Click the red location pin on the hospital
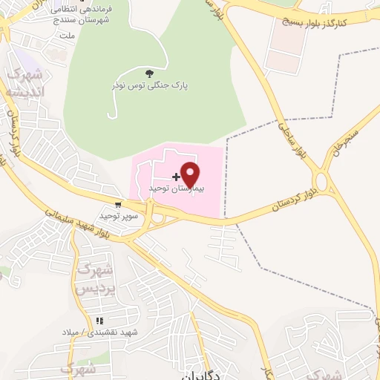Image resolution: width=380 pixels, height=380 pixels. coord(191,174)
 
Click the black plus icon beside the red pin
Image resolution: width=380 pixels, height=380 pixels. coord(176,177)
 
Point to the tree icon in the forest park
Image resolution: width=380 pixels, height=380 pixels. coord(150,73)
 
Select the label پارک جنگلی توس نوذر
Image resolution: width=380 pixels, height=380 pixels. coord(150,85)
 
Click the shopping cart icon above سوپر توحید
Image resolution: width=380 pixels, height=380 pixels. coord(118,204)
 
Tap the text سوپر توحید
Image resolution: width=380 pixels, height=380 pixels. coord(117,215)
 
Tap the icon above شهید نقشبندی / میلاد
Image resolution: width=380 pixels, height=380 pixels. coord(98,321)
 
